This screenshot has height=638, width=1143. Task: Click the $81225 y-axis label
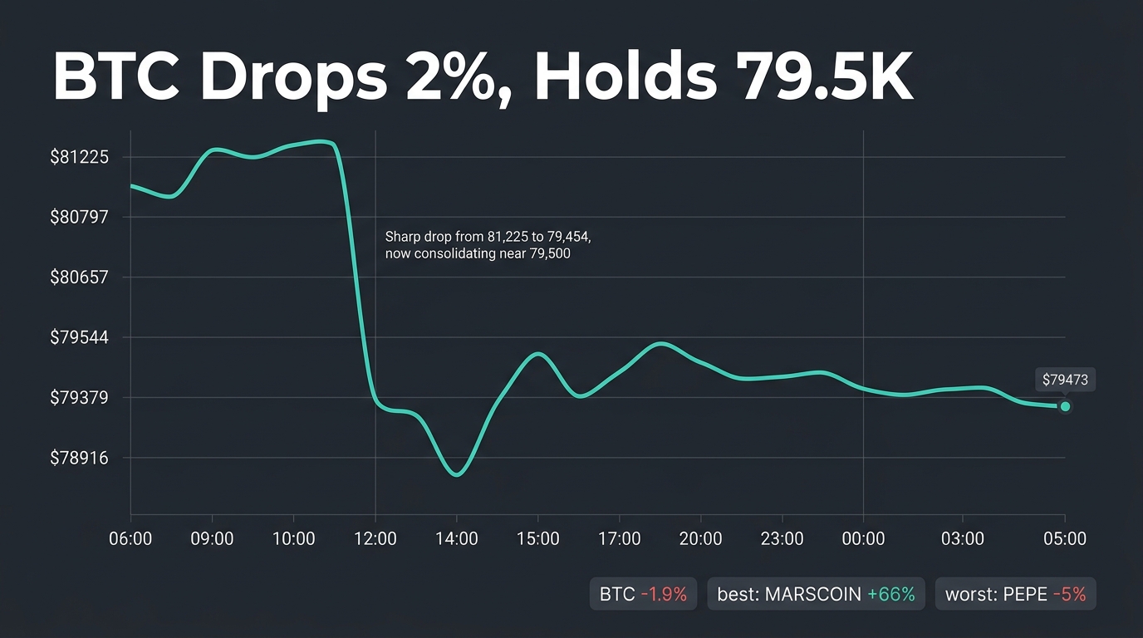point(79,157)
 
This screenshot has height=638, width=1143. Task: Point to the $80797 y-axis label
point(79,217)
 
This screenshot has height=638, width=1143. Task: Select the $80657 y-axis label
point(79,277)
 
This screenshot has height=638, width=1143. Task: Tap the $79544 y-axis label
point(79,337)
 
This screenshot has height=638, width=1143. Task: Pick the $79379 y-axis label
point(79,398)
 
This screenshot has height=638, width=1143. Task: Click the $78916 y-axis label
point(79,458)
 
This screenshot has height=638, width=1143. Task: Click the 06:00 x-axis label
point(130,538)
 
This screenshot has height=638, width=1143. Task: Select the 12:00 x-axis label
point(375,538)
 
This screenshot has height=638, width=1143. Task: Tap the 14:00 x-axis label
point(456,538)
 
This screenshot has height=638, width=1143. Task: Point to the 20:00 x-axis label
point(700,538)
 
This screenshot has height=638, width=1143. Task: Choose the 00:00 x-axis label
point(863,538)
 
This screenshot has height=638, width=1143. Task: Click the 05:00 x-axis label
point(1065,538)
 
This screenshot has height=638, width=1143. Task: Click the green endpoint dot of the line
point(1065,407)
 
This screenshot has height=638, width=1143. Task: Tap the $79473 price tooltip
point(1065,380)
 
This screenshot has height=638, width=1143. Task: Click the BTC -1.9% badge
point(643,594)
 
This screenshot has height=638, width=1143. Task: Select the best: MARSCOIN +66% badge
point(816,594)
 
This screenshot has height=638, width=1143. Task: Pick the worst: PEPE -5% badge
point(1015,594)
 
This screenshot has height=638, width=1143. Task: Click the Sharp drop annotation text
point(488,245)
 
